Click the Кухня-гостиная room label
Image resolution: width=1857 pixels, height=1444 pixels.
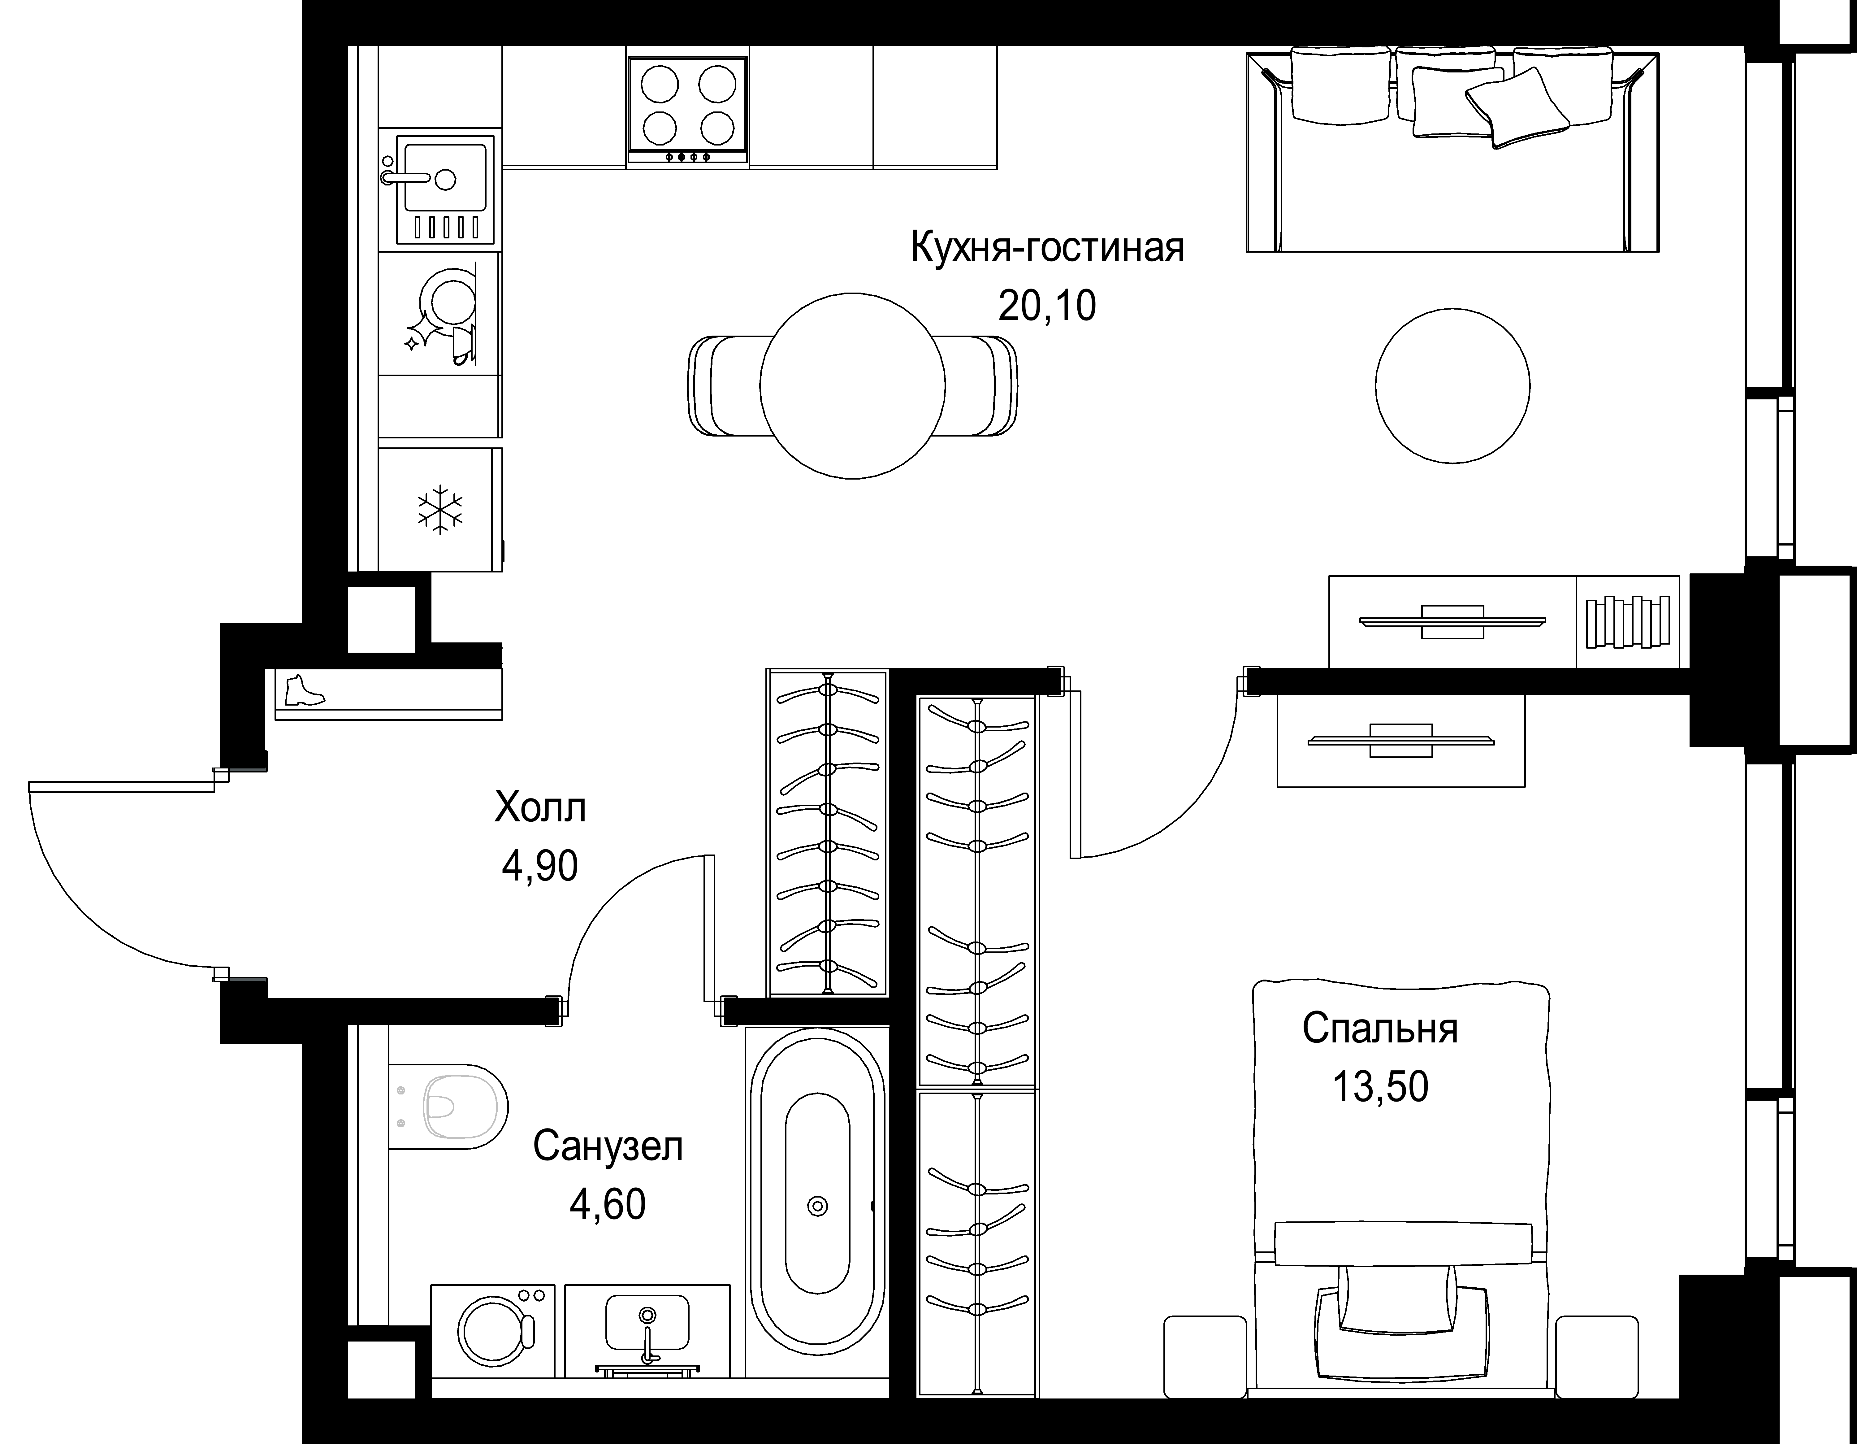pos(1047,248)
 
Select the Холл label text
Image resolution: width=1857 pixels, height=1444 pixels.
pos(540,808)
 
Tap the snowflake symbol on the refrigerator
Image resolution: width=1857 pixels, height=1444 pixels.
pos(439,510)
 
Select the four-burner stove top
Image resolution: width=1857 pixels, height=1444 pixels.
pos(687,109)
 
